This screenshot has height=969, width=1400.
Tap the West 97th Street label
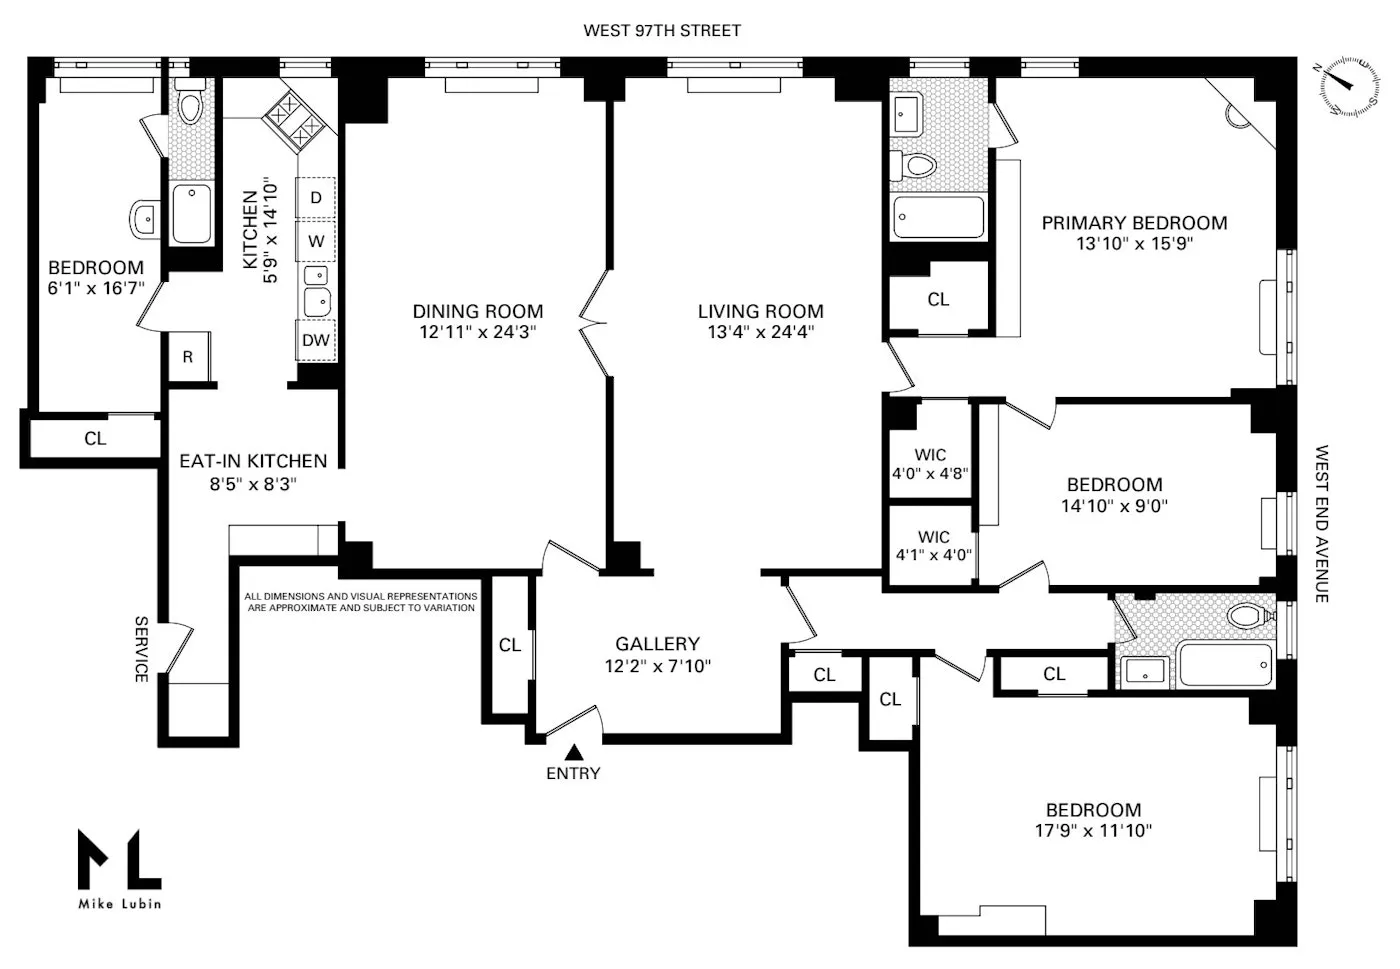pos(662,31)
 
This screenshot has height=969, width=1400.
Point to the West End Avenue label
pos(1322,523)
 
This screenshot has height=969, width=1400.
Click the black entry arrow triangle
pos(574,751)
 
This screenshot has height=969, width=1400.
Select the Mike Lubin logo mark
pos(119,859)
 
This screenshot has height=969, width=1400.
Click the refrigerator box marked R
pos(188,357)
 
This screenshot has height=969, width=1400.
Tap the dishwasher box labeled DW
pos(316,340)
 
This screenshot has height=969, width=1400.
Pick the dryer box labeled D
pos(316,198)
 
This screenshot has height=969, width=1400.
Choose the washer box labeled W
pos(316,241)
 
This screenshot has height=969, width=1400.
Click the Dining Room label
pos(478,311)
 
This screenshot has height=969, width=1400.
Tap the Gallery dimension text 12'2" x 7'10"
pos(657,666)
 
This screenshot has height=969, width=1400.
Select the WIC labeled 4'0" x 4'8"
pos(930,464)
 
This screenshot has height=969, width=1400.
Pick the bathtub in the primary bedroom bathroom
pos(938,217)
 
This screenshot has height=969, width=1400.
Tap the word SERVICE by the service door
pos(141,649)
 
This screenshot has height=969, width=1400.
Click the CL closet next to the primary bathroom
pos(938,299)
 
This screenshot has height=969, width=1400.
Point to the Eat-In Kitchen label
pos(253,461)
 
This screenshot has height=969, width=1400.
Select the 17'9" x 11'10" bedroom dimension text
pos(1093,830)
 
